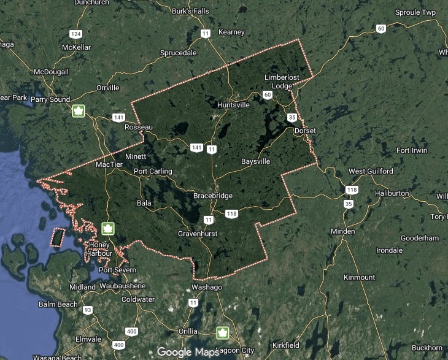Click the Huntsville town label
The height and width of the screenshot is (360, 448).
pos(233,105)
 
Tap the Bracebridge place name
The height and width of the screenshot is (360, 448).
pos(213,196)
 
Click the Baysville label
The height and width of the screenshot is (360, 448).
pos(255,162)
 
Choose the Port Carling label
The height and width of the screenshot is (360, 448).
pos(153,172)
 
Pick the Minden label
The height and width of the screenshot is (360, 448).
pos(342,231)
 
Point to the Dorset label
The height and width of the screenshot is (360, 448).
pos(305,131)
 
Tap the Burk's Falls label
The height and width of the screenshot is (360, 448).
pos(191,11)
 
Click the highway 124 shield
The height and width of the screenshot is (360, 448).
pos(76,34)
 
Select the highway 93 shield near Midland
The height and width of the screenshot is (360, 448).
pos(88,310)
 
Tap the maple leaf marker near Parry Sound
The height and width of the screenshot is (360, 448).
pos(79,111)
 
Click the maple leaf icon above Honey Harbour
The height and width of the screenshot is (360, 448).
pos(108,229)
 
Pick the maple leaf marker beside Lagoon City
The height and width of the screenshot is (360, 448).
pos(222,333)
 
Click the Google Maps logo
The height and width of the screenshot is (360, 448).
pos(187,352)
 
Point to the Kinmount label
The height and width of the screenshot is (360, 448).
pos(359,277)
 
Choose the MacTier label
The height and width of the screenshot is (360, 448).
pos(110,164)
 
